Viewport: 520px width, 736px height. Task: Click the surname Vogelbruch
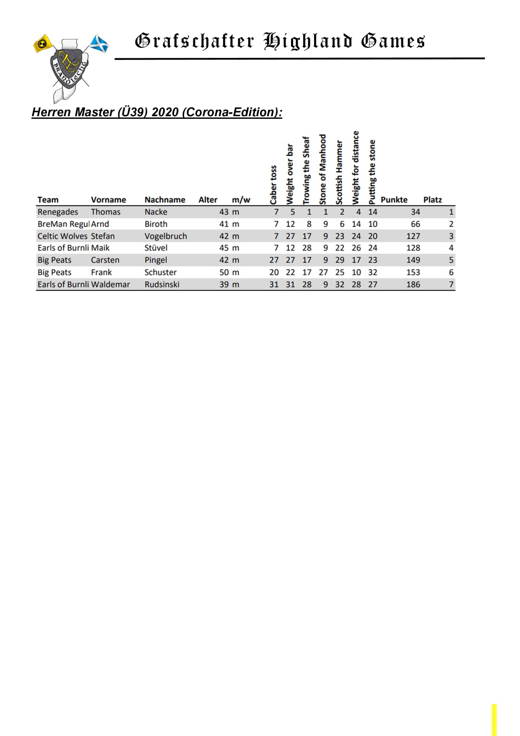166,236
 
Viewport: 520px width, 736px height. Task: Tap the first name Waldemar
110,284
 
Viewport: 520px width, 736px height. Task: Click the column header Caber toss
273,185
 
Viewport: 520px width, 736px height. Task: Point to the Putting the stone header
372,172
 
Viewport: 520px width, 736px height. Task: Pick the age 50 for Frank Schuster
224,272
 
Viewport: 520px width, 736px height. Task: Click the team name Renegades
57,212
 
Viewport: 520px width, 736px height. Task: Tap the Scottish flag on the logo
100,44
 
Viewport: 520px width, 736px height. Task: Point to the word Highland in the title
307,41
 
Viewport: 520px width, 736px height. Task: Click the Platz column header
432,200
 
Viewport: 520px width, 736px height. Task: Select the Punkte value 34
415,212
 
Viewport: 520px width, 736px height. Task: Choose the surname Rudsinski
162,284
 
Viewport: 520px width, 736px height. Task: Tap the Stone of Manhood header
323,169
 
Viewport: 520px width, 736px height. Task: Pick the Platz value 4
451,248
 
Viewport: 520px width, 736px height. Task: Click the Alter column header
208,200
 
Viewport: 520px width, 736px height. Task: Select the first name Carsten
105,260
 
